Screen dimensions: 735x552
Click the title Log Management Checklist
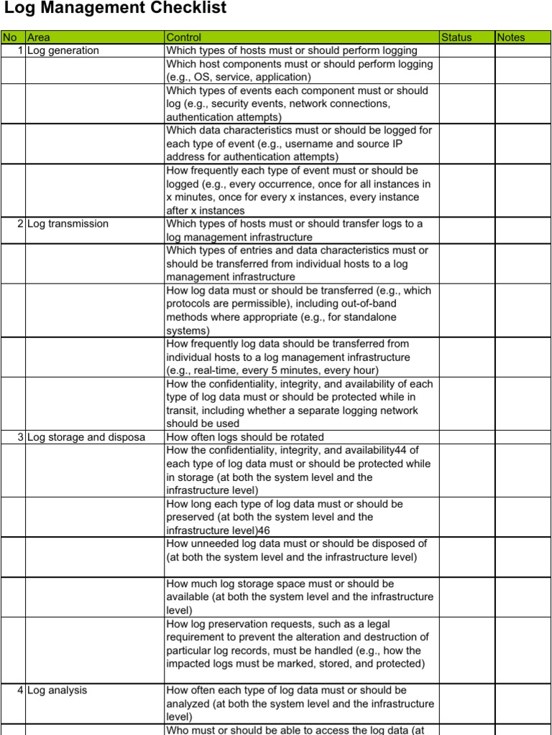[x=115, y=9]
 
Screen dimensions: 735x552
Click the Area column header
[x=39, y=37]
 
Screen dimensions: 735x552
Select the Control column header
[x=184, y=37]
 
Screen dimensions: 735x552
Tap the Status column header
[x=456, y=37]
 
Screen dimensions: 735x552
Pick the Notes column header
[x=510, y=37]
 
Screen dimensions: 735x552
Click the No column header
[x=9, y=37]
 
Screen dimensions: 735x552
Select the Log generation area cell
[x=63, y=51]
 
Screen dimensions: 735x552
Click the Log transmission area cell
[x=68, y=224]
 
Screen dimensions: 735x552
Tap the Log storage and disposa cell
[x=86, y=437]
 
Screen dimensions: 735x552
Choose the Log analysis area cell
[x=57, y=690]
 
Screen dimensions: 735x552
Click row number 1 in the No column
[x=20, y=51]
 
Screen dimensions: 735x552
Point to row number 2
[x=20, y=224]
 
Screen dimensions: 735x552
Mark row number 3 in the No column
[x=20, y=437]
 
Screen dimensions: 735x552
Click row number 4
[x=20, y=690]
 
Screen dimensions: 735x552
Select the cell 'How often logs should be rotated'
[x=245, y=437]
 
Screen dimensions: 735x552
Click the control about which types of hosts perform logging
[x=291, y=51]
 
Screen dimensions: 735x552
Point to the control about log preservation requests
[x=298, y=645]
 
